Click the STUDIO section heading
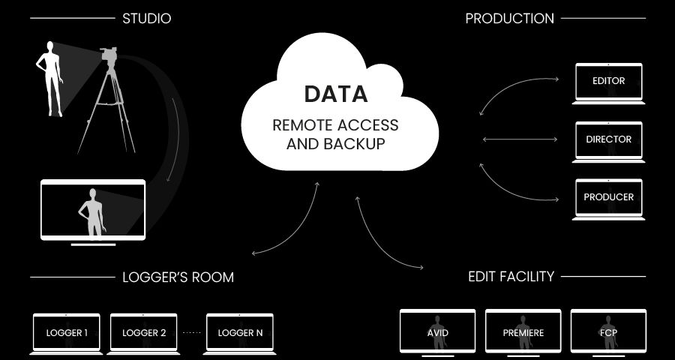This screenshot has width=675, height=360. pyautogui.click(x=147, y=19)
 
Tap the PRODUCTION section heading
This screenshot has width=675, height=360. pyautogui.click(x=510, y=19)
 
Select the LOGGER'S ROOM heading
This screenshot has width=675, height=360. pyautogui.click(x=178, y=277)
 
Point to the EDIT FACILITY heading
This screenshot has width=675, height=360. pyautogui.click(x=511, y=276)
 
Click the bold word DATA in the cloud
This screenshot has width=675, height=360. pyautogui.click(x=336, y=94)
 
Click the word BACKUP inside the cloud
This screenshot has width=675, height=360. pyautogui.click(x=354, y=143)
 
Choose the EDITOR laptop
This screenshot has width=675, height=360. pyautogui.click(x=608, y=83)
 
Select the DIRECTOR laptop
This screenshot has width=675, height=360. pyautogui.click(x=608, y=142)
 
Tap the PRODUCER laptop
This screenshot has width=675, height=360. pyautogui.click(x=608, y=199)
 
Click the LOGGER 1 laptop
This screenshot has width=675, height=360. pyautogui.click(x=66, y=334)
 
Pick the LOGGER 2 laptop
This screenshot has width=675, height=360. pyautogui.click(x=143, y=334)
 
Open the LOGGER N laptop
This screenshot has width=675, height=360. pyautogui.click(x=240, y=334)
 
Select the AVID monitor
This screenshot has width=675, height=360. pyautogui.click(x=437, y=332)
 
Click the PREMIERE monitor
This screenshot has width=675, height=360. pyautogui.click(x=523, y=332)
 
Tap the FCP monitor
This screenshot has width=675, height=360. pyautogui.click(x=608, y=332)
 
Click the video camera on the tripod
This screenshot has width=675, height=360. pyautogui.click(x=109, y=55)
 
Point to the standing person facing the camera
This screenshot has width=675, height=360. pyautogui.click(x=50, y=79)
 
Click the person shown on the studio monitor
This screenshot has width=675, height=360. pyautogui.click(x=92, y=212)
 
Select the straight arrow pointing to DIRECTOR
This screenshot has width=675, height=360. pyautogui.click(x=520, y=139)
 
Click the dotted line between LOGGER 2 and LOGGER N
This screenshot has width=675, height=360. pyautogui.click(x=191, y=333)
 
